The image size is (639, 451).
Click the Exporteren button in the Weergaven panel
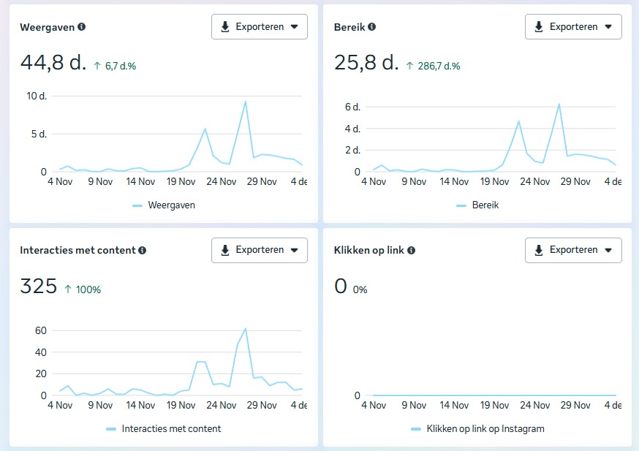tap(260, 27)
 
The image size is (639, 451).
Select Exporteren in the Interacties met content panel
tap(260, 250)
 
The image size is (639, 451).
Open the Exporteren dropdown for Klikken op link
tap(573, 250)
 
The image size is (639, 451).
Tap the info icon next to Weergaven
tap(81, 27)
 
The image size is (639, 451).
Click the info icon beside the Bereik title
tap(372, 27)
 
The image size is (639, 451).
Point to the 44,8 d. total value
tap(53, 63)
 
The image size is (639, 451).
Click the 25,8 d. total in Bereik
tap(366, 63)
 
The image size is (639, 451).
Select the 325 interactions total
tap(38, 287)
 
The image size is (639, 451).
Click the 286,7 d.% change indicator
tap(434, 66)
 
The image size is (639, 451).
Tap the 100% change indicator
tap(83, 289)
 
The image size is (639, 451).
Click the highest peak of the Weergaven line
tap(245, 102)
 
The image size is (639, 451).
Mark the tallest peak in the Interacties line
tap(245, 328)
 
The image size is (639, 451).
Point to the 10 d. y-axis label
tap(37, 96)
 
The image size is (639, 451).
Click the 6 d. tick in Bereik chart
tap(352, 107)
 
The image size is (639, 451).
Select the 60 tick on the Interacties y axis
tap(39, 330)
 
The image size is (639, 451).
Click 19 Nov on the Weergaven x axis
tap(181, 181)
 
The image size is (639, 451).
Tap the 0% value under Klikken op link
tap(360, 289)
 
